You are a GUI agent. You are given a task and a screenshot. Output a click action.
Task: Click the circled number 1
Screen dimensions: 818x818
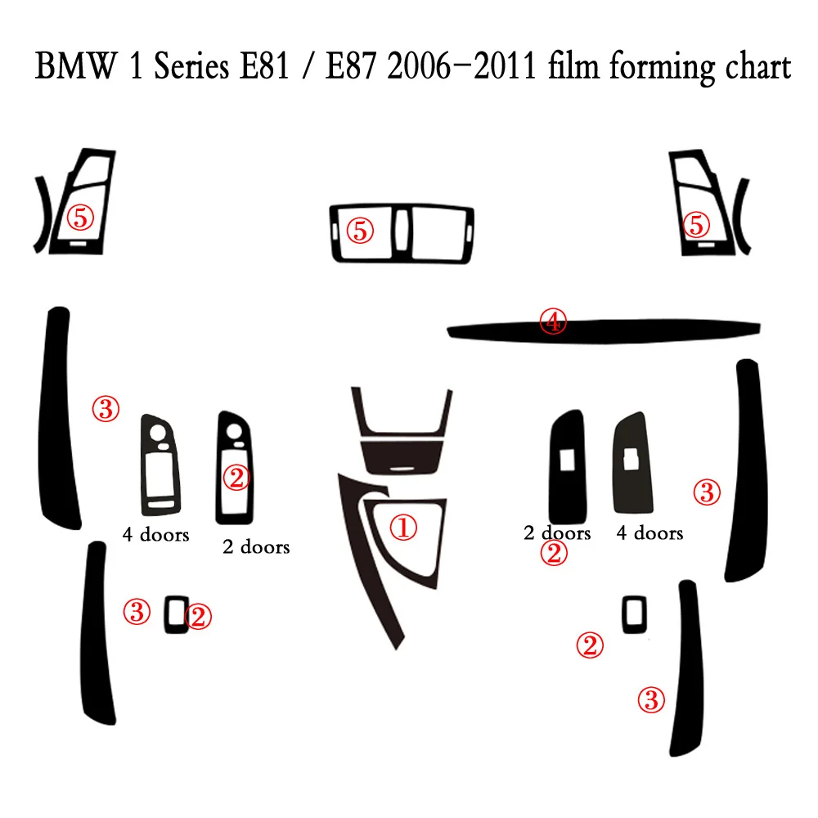pos(402,528)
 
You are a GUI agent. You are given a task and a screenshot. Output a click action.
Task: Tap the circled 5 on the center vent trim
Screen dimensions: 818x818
pos(359,231)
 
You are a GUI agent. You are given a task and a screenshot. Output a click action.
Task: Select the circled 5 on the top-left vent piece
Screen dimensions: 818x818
pos(82,217)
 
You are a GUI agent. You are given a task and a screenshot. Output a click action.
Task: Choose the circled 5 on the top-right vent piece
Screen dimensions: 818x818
pos(697,222)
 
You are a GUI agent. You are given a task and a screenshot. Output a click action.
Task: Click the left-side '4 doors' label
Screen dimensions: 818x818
pos(155,535)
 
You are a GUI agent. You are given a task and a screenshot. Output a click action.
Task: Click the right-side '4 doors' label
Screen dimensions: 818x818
pos(649,533)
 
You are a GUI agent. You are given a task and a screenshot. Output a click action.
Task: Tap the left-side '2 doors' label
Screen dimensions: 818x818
pos(256,546)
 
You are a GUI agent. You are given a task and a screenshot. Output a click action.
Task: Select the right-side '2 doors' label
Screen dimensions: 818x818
pos(557,533)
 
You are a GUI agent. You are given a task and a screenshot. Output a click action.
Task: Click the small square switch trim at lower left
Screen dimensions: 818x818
pos(174,614)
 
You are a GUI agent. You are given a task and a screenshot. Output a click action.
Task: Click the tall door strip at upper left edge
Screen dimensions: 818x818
pos(57,417)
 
